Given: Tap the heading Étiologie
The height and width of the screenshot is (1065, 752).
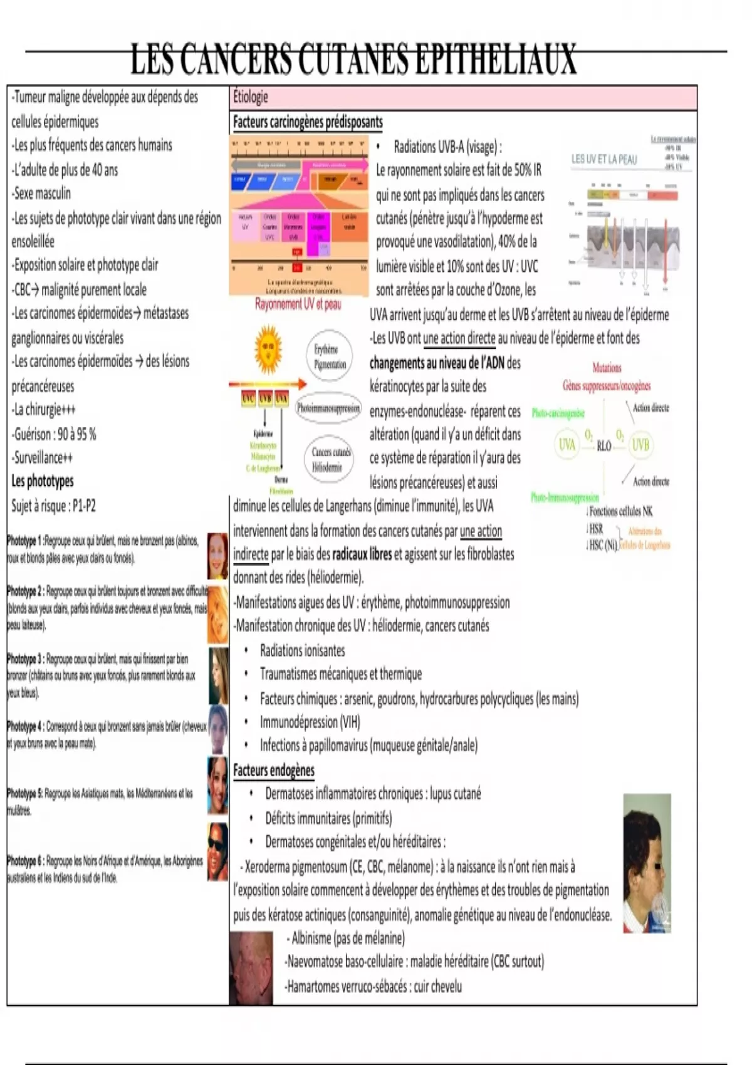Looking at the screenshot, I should (x=251, y=97).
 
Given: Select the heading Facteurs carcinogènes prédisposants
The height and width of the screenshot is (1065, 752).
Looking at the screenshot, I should (x=308, y=122).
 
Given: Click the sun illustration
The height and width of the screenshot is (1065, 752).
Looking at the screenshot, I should (x=268, y=350).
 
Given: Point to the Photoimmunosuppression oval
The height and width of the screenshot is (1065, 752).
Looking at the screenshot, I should (x=328, y=408).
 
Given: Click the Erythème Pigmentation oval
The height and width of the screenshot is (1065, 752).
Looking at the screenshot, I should (x=330, y=357).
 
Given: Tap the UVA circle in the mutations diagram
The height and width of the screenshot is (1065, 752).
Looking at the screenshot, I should (x=567, y=445).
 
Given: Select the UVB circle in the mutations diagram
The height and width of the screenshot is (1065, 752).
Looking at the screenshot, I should (x=640, y=445).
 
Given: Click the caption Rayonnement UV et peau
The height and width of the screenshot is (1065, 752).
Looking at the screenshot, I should (x=298, y=304).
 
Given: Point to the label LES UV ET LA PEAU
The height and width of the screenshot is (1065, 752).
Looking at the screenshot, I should (x=604, y=159).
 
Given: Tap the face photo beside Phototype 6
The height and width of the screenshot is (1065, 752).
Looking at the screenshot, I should (x=217, y=851).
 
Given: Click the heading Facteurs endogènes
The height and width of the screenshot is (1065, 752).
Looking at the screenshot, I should (x=274, y=771).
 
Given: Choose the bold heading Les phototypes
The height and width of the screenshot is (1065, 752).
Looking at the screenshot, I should (x=43, y=481).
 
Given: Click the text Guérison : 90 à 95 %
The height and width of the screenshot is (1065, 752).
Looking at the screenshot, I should (x=54, y=434).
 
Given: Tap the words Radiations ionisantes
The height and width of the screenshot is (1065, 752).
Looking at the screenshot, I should (x=302, y=651).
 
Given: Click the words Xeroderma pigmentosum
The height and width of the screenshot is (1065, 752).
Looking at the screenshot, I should (x=296, y=867).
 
